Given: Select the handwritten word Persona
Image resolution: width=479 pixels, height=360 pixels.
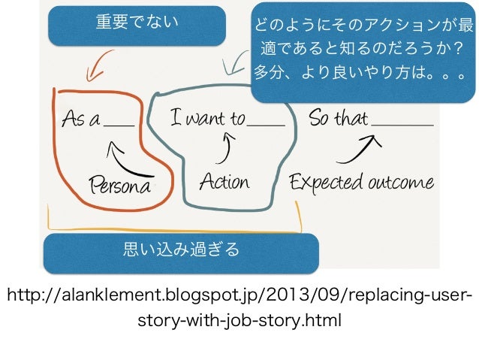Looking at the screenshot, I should coord(121,184).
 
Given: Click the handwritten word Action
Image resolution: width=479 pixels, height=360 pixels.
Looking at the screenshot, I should coord(224,182).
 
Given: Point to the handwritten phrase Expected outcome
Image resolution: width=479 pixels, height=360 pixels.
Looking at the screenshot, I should coord(361,182).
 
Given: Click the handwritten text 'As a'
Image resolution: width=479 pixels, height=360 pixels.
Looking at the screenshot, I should coord(80,119).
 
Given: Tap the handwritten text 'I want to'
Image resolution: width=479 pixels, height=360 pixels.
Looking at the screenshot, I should coord(208,118).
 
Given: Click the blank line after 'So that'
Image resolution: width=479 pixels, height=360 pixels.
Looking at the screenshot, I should coord(402,125).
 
